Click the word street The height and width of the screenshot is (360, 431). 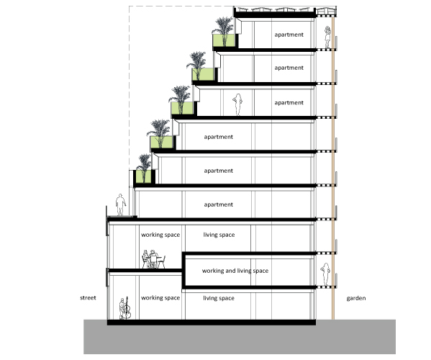tap(88, 298)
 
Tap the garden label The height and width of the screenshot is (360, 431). tap(356, 298)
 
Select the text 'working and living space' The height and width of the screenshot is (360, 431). tap(235, 271)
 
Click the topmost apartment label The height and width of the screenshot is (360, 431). tap(289, 35)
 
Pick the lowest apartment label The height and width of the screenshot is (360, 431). tap(219, 204)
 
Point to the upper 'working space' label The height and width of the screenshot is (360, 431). tap(160, 235)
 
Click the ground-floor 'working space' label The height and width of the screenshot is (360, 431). tap(160, 298)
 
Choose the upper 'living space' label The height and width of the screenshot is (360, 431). tap(219, 235)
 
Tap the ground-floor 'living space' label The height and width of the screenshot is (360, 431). tap(219, 298)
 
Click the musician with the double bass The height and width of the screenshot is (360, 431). tap(124, 308)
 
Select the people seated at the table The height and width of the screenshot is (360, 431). tap(150, 259)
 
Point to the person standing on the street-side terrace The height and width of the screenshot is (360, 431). tap(120, 205)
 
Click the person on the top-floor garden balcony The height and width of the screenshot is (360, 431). tap(327, 37)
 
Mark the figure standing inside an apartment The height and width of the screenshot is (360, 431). tap(237, 105)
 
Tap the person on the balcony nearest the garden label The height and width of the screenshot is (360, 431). tap(326, 275)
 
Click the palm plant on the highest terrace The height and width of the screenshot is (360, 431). tap(224, 30)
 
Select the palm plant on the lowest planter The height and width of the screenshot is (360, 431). tap(144, 168)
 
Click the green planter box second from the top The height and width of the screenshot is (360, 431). tap(203, 74)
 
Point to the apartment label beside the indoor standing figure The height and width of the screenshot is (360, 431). tap(289, 102)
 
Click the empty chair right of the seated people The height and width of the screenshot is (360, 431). tap(162, 262)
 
